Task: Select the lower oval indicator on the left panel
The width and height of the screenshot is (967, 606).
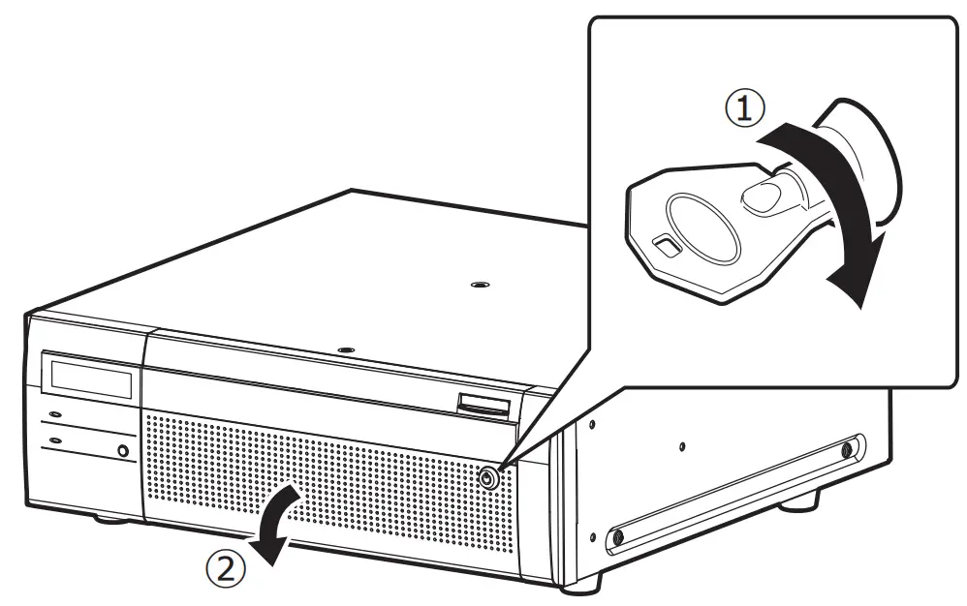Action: (54, 440)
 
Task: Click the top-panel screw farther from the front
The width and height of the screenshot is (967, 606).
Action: (475, 285)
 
